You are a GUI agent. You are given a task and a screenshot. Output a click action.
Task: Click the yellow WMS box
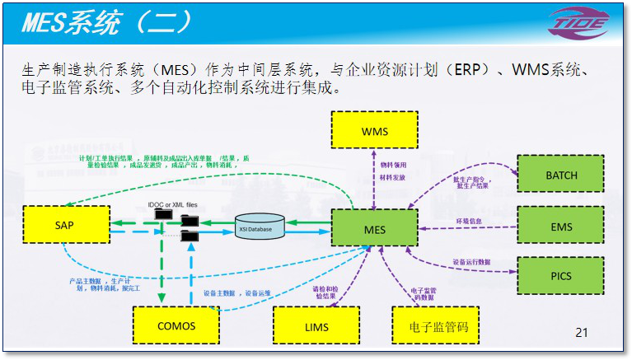pos(374,132)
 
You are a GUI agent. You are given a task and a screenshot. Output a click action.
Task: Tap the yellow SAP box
pos(65,225)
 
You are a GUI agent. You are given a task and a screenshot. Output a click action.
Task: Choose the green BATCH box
pos(561,175)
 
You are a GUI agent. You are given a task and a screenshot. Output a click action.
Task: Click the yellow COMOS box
pos(176,325)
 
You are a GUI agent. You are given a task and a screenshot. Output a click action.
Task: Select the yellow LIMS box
pos(316,327)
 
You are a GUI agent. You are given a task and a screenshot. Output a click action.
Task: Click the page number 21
pos(582,333)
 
